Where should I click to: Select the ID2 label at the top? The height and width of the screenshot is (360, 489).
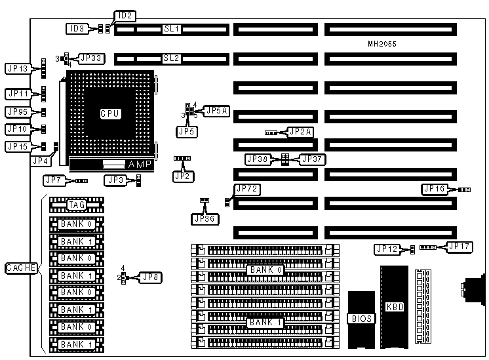click(124, 15)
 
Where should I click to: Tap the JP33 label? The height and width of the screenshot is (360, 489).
click(90, 57)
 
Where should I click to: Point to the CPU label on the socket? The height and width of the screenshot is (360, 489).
click(109, 113)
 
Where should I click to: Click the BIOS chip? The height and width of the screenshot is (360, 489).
click(361, 319)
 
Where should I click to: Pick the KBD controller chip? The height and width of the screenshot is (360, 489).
click(393, 306)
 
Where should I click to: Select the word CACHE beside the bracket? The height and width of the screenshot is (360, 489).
click(21, 268)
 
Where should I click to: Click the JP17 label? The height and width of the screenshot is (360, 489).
click(457, 247)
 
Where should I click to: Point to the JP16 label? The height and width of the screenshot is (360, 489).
click(435, 189)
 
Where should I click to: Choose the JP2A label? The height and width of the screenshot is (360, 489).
click(301, 132)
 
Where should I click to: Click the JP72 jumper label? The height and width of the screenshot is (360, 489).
click(247, 190)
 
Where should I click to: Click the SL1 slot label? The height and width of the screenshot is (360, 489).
click(172, 30)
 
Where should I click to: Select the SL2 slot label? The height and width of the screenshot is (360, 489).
click(172, 58)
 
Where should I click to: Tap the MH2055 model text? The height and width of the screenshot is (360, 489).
click(381, 44)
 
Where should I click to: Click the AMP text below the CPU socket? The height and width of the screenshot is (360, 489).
click(140, 164)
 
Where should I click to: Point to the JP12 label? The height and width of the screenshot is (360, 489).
click(386, 249)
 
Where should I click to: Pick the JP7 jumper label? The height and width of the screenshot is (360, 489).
click(54, 180)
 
